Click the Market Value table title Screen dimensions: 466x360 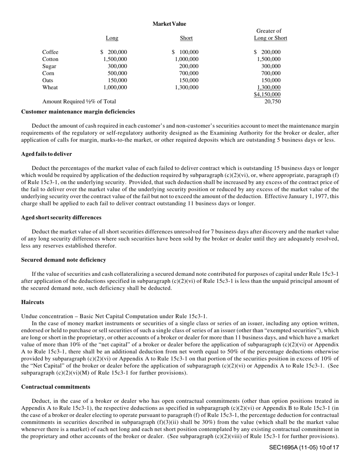click(x=169, y=24)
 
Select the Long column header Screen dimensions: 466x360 click(x=112, y=38)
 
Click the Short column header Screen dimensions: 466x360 click(x=186, y=38)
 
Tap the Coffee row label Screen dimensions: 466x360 click(x=50, y=52)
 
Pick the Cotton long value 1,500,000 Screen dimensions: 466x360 click(x=115, y=59)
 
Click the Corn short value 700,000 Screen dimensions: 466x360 click(x=189, y=73)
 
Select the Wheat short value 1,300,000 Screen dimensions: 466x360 click(x=186, y=88)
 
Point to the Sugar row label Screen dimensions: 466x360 click(x=49, y=66)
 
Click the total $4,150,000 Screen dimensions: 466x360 click(x=267, y=94)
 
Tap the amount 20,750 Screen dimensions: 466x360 click(x=272, y=102)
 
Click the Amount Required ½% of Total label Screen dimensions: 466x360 click(x=79, y=102)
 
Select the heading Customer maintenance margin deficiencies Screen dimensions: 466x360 click(x=78, y=112)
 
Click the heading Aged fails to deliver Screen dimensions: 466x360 click(x=46, y=154)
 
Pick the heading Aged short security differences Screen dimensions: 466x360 click(x=61, y=217)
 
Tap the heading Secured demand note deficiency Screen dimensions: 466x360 click(x=63, y=260)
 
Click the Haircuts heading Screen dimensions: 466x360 click(x=33, y=302)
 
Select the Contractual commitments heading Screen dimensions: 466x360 click(x=56, y=387)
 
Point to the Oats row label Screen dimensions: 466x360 click(x=48, y=80)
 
